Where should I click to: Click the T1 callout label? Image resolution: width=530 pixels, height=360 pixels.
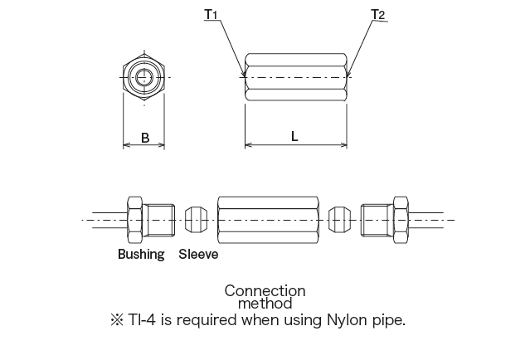[210, 14]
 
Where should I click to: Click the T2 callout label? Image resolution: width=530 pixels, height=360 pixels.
[377, 14]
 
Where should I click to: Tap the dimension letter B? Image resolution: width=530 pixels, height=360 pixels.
[145, 138]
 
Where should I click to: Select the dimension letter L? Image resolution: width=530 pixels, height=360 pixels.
[294, 137]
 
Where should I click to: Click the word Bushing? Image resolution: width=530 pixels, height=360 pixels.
[141, 255]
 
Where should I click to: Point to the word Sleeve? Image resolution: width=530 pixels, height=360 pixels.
[198, 255]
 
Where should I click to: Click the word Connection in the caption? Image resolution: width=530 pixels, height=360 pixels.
[265, 290]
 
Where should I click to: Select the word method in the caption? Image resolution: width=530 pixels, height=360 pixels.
[265, 304]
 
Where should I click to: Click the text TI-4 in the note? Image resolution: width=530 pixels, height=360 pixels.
[140, 319]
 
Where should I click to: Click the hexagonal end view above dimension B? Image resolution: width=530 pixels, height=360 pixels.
[145, 77]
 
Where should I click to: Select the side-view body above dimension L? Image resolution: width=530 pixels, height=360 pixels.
[295, 77]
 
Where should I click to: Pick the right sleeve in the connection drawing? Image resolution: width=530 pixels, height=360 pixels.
[336, 219]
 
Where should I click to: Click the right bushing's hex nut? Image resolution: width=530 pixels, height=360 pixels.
[400, 219]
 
